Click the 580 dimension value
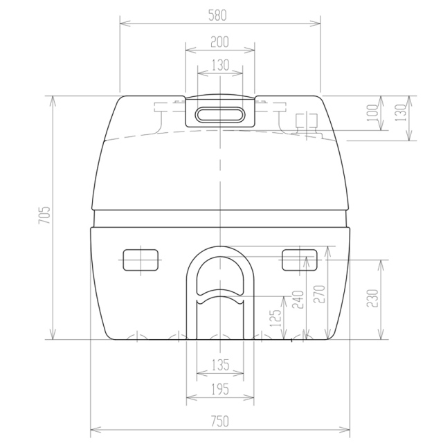(217, 15)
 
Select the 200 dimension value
(219, 42)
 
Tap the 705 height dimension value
(44, 215)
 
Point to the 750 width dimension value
(219, 422)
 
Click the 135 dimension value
(220, 365)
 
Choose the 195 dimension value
(220, 390)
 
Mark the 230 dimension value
(372, 298)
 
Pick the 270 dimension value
(320, 294)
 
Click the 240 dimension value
(298, 300)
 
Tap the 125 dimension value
(275, 318)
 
